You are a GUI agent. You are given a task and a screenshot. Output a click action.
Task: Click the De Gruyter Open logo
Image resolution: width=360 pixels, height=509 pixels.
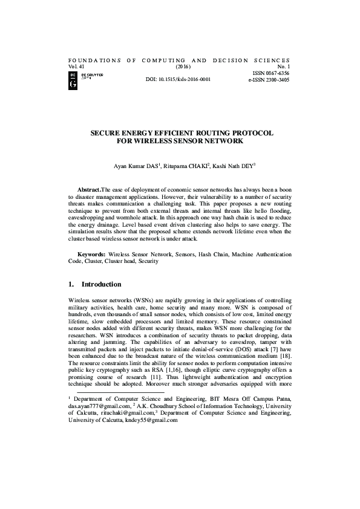[x=85, y=77]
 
